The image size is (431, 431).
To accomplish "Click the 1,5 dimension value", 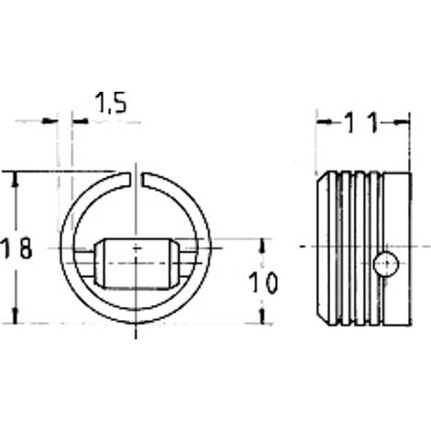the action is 110,103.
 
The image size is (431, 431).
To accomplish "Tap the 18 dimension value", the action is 16,248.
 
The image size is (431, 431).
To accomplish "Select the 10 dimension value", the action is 263,282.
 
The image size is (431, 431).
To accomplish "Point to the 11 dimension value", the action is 362,123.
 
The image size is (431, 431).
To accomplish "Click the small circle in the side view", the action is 386,264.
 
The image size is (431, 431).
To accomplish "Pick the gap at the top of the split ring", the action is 136,179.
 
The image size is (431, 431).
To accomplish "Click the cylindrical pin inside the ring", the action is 137,263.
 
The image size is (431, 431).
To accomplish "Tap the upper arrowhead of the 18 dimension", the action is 16,181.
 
